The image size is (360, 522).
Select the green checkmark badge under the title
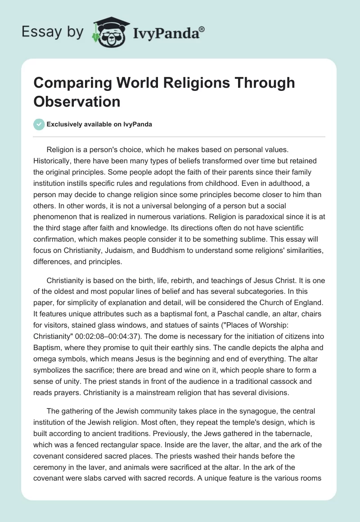39,124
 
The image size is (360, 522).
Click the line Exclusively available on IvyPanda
99,125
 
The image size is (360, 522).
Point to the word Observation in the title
76,101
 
